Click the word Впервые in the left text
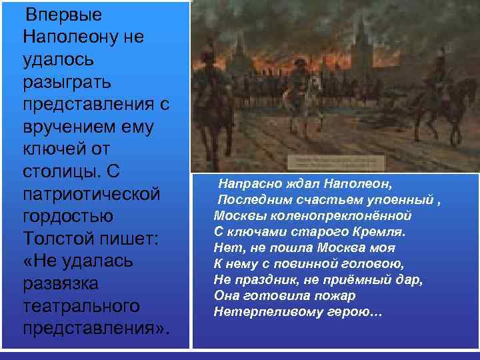55,14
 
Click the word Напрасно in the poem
247,181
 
